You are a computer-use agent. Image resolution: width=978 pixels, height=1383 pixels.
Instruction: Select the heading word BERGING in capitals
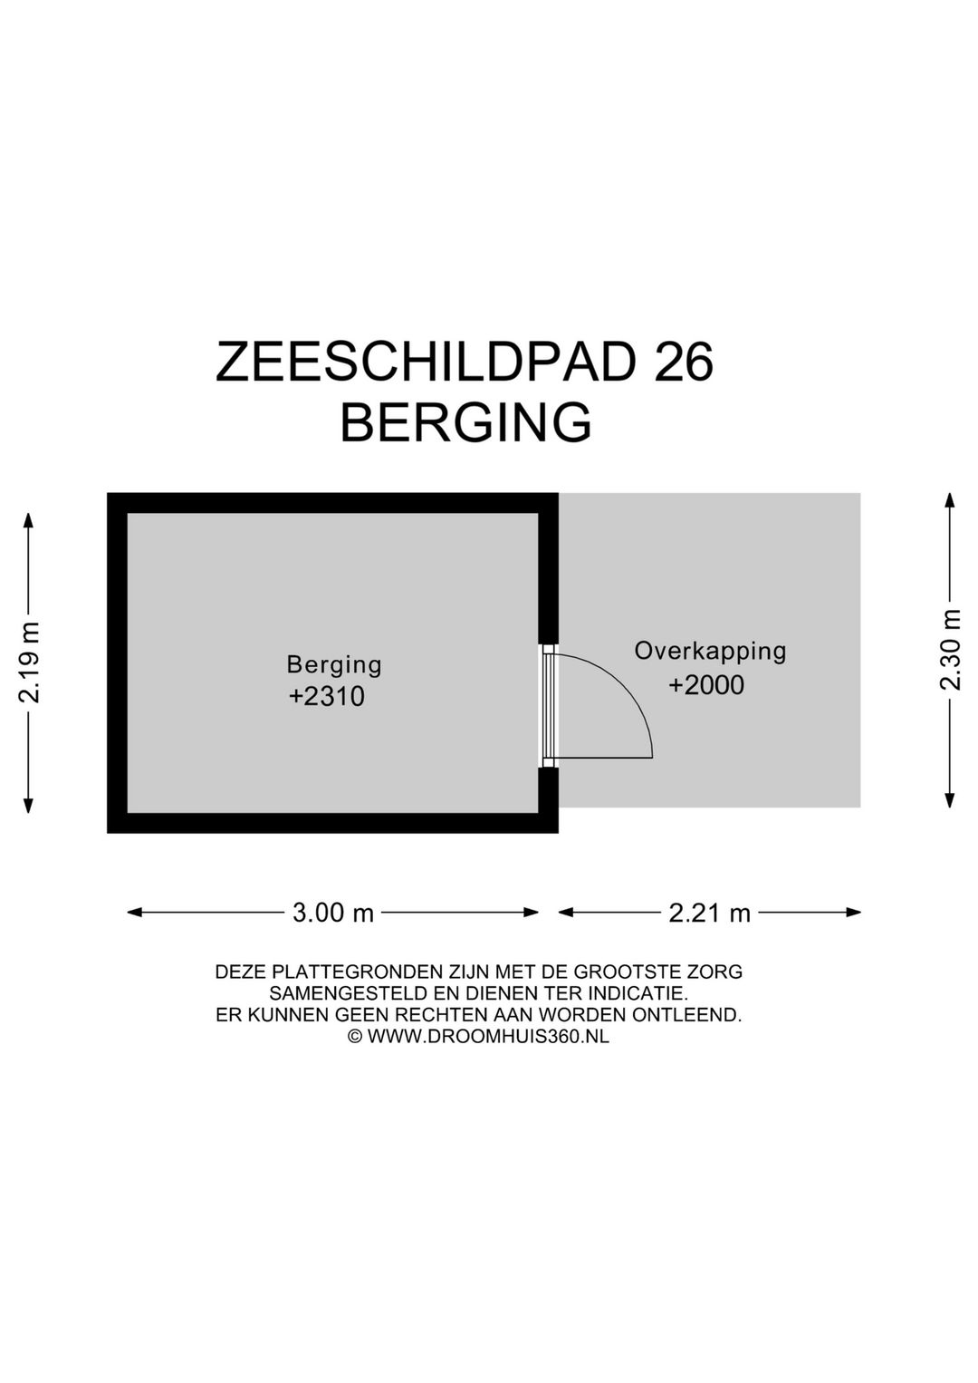coord(465,422)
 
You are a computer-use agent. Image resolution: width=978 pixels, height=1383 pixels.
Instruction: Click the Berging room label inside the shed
coord(334,665)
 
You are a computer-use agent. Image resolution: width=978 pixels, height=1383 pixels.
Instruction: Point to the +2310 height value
coord(326,697)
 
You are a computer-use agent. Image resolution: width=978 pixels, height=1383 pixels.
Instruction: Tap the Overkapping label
coord(710,651)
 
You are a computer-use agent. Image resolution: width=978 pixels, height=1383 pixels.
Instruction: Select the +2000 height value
coord(706,685)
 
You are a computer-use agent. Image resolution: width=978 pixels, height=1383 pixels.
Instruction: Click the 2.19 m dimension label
coord(29,662)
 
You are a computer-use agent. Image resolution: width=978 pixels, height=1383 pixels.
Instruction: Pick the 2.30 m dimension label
coord(950,649)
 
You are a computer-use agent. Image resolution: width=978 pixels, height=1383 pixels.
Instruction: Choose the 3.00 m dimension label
coord(333,913)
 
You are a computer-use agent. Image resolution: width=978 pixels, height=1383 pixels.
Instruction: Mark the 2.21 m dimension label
coord(710,913)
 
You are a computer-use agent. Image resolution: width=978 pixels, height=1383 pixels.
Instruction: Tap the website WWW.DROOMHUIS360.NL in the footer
coord(488,1037)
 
